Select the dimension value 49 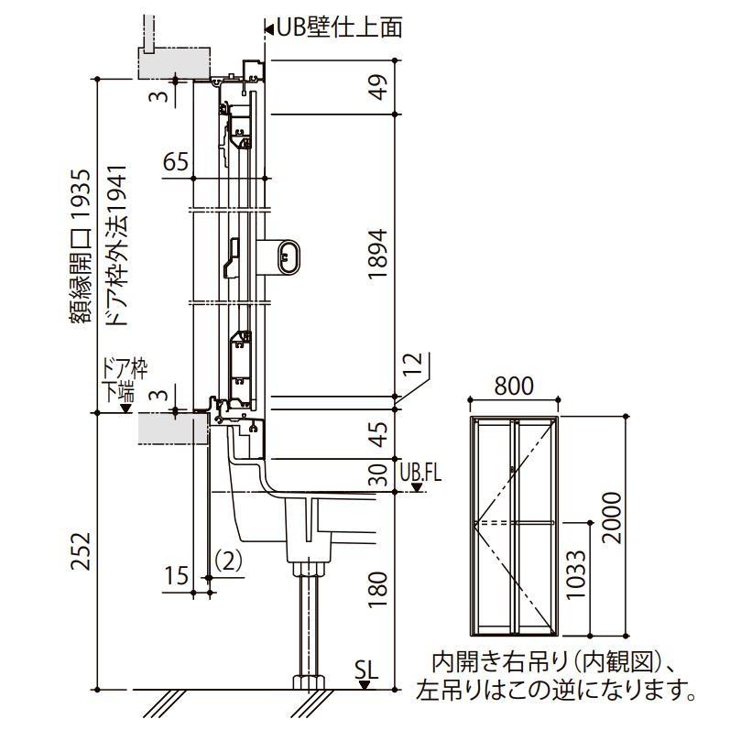pyautogui.click(x=379, y=88)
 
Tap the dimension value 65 pyautogui.click(x=176, y=163)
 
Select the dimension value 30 pyautogui.click(x=379, y=476)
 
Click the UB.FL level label pyautogui.click(x=421, y=474)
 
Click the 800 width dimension pyautogui.click(x=513, y=386)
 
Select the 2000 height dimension pyautogui.click(x=612, y=518)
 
